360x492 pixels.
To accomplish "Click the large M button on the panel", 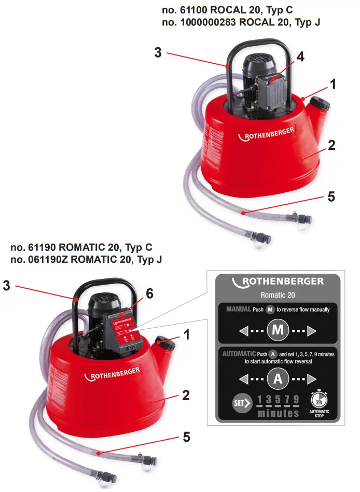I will [x=278, y=330].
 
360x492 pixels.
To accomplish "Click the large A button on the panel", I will [x=278, y=378].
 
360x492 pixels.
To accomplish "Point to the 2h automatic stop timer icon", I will [x=319, y=400].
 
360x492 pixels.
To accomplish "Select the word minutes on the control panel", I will [x=278, y=413].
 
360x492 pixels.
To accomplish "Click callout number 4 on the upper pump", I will [x=300, y=57].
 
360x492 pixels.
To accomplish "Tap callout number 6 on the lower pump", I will [x=149, y=293].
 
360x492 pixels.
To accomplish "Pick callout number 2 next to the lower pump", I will [x=185, y=396].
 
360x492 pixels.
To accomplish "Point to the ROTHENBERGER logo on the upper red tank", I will [x=266, y=133].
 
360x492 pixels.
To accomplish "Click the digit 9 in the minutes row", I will [x=296, y=400].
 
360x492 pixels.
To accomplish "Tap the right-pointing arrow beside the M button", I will [x=312, y=330].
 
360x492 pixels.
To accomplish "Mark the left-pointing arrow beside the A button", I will [x=243, y=378].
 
